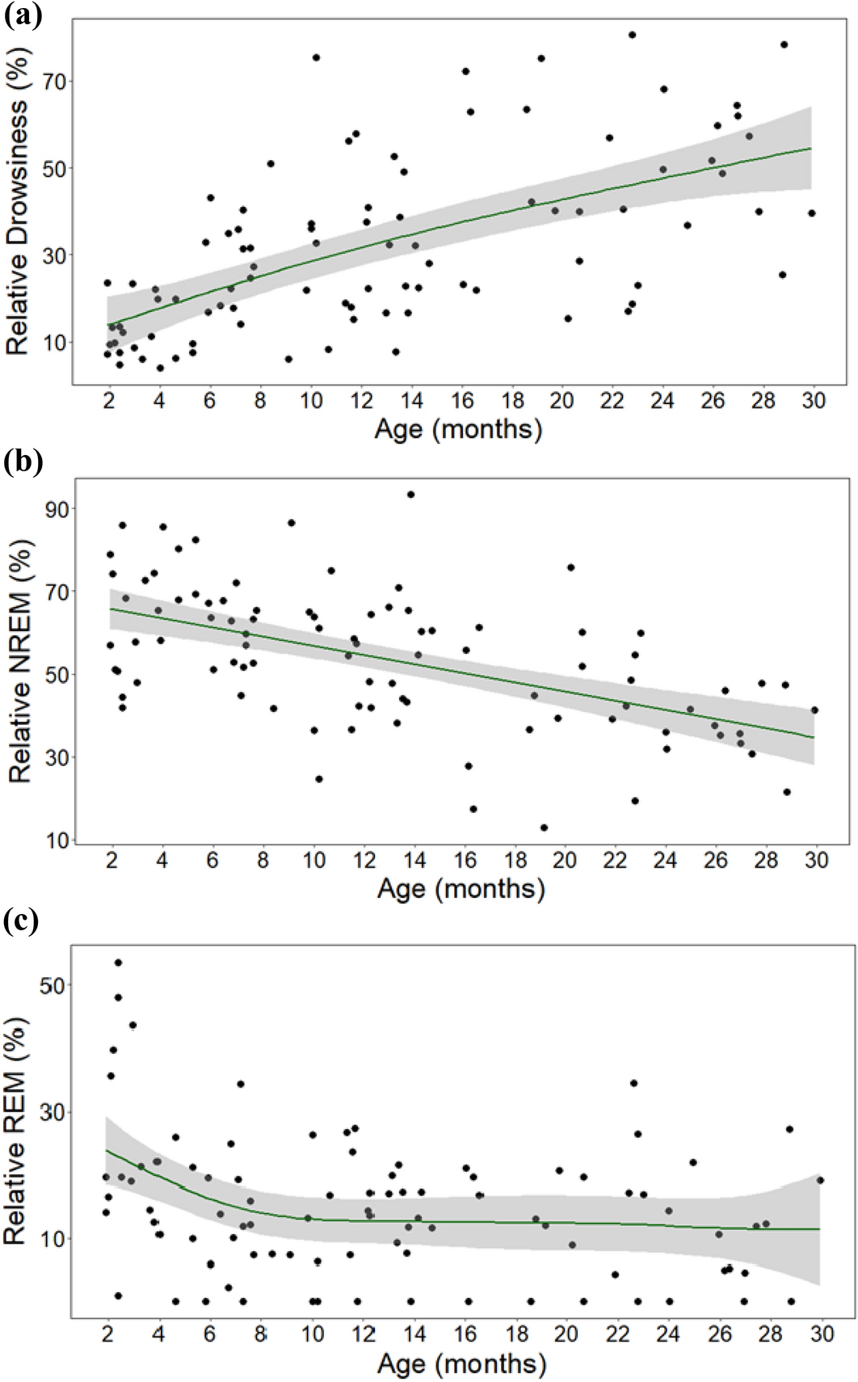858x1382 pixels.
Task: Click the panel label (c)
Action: [x=22, y=921]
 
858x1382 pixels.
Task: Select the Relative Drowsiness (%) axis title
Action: [x=17, y=228]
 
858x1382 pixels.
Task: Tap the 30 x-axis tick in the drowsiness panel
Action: [x=814, y=401]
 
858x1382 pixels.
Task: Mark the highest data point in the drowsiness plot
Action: [x=632, y=35]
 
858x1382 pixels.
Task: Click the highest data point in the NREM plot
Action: [x=410, y=494]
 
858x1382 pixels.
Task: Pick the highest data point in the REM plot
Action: [x=118, y=962]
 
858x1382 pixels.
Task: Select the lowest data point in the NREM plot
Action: [x=544, y=828]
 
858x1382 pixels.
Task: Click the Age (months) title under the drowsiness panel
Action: [x=458, y=428]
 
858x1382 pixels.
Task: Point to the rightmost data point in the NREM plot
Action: [x=814, y=710]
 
